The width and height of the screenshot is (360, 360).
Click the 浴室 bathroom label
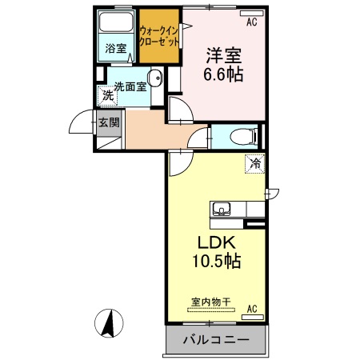pos(117,48)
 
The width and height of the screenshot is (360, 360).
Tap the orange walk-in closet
pos(159,35)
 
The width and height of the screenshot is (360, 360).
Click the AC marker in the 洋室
pos(251,22)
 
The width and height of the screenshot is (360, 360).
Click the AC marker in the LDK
pos(251,309)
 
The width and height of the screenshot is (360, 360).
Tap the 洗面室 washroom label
pos(130,86)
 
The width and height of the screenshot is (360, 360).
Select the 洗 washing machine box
pos(106,95)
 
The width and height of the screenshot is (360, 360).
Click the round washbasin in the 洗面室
pos(155,79)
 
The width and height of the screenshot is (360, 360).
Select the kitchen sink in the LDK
pos(222,210)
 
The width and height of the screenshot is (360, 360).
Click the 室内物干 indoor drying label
pos(210,302)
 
